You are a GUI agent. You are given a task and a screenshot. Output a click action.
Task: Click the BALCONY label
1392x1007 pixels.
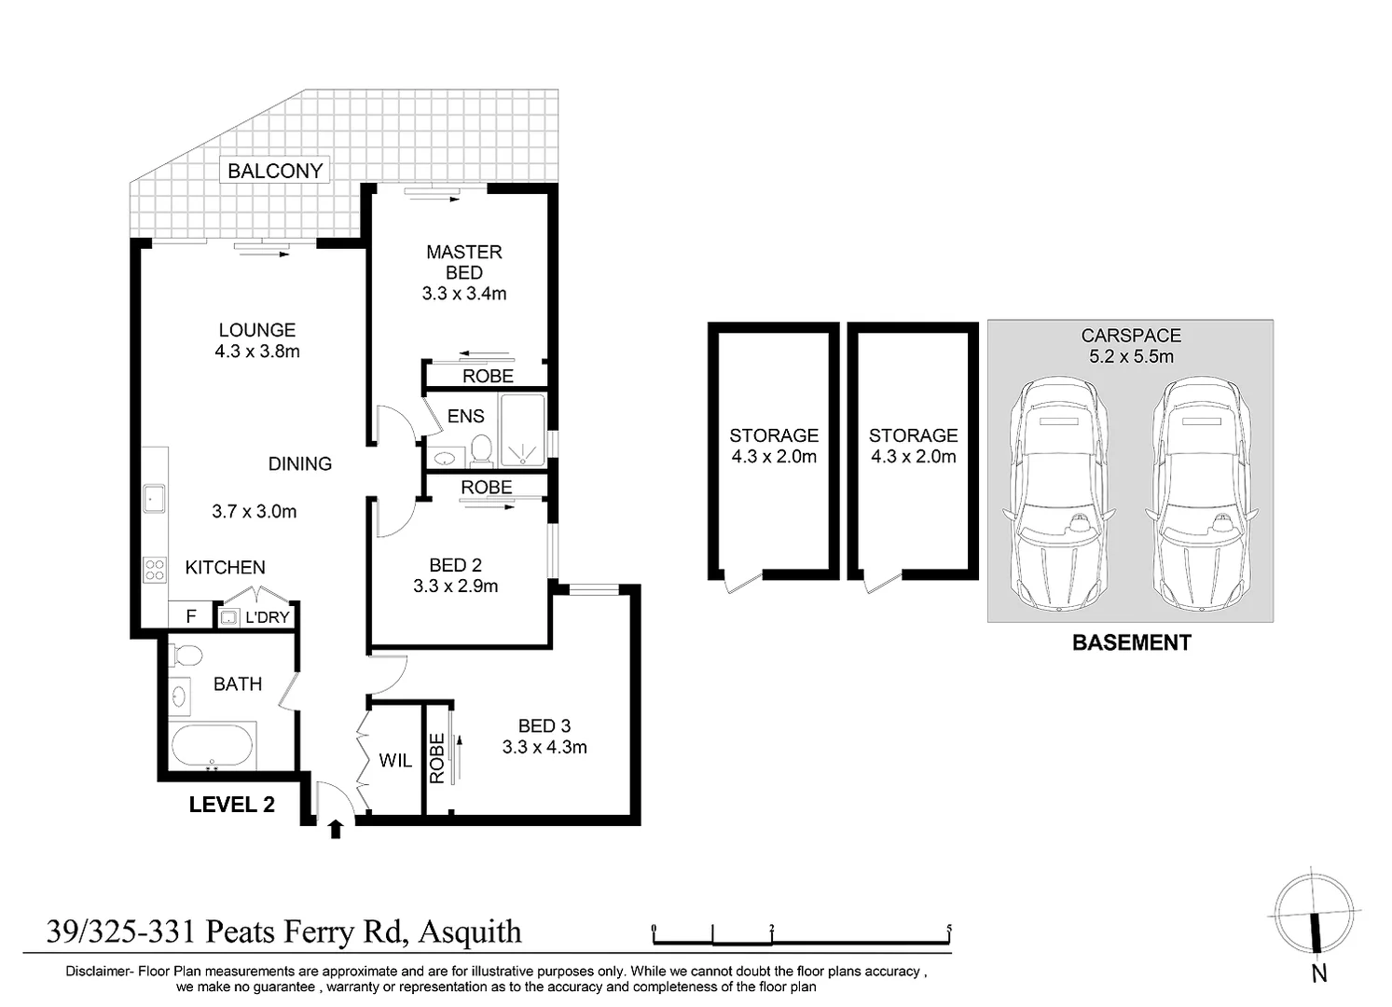point(275,171)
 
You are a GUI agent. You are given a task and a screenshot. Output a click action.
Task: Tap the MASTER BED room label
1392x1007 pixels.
point(463,262)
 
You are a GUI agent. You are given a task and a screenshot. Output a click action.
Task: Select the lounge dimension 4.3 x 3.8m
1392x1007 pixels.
point(257,352)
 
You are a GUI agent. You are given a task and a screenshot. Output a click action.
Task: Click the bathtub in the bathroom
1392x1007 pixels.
point(213,747)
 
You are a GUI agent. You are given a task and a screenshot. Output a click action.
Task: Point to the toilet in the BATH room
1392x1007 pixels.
point(186,655)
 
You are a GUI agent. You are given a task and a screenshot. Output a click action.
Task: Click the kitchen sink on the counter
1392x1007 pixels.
point(154,499)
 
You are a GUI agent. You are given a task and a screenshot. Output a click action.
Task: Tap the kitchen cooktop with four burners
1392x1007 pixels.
point(154,569)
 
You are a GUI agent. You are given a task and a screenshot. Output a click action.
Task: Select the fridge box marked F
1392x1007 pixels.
point(191,616)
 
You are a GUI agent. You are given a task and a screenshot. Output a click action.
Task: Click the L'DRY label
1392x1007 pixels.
point(267,617)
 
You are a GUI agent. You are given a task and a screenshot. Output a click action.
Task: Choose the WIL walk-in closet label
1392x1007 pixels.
point(395,761)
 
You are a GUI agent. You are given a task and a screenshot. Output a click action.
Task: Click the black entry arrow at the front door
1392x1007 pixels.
point(335,829)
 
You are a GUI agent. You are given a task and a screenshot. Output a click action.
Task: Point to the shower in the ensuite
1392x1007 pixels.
point(523,430)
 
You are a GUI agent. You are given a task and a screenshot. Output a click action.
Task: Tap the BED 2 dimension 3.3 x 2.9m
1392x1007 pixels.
point(455,586)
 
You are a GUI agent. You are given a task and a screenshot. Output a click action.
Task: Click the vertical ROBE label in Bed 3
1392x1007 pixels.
point(436,757)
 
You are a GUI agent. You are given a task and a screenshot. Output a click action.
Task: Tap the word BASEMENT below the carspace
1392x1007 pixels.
point(1131,642)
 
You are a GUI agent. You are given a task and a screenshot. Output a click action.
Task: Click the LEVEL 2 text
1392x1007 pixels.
point(231,805)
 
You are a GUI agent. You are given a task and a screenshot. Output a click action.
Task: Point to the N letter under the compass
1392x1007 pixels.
point(1318,973)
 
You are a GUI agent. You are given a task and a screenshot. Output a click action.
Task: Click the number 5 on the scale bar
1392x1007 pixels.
point(948,928)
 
